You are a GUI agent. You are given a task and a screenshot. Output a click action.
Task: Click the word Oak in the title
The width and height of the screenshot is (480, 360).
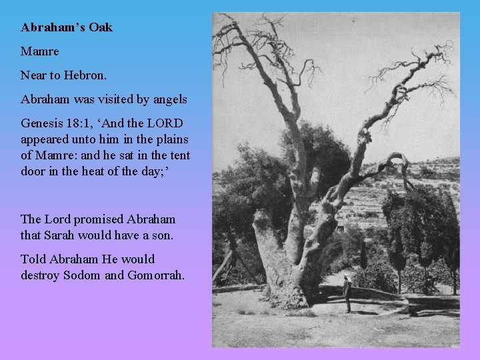pos(100,27)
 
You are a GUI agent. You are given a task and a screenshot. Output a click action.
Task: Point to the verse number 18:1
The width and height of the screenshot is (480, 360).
pos(81,123)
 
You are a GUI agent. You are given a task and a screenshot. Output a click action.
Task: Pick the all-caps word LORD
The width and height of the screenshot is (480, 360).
pos(166,123)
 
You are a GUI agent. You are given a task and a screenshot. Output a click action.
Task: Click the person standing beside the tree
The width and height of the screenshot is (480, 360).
pos(347,294)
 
